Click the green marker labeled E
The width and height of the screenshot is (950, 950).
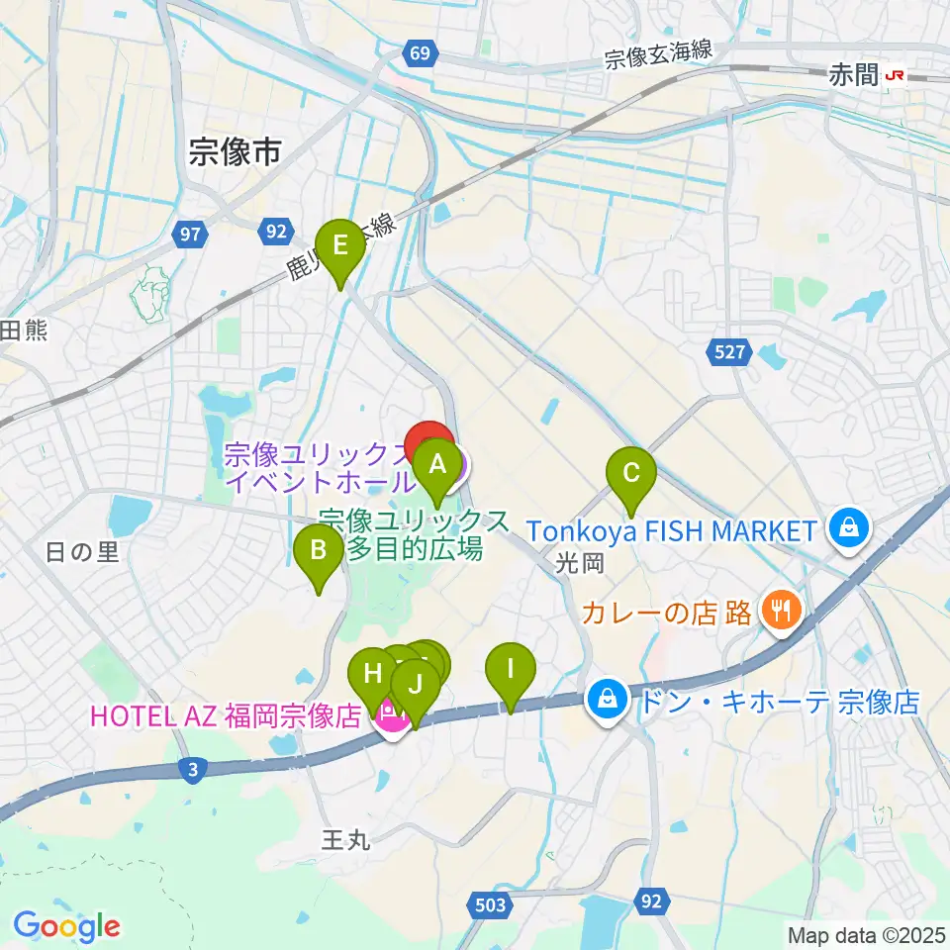tap(339, 245)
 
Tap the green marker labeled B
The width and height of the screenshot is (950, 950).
tap(319, 550)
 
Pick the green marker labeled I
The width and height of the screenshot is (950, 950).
tap(511, 670)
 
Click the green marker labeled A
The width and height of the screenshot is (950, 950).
tap(436, 464)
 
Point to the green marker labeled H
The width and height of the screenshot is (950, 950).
tap(373, 676)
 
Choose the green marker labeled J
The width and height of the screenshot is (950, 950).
tap(416, 685)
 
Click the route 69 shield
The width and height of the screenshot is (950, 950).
tap(421, 52)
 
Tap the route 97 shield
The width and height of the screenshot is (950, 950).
tap(189, 235)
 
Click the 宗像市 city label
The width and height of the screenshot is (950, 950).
tap(235, 151)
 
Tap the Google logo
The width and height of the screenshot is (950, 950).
tap(66, 927)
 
